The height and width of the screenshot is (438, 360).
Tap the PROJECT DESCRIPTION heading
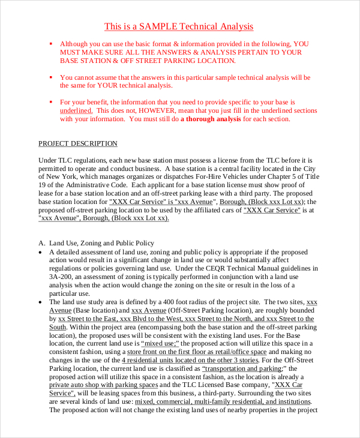[x=78, y=143]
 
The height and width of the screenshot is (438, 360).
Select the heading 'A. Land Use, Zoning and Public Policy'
[x=96, y=243]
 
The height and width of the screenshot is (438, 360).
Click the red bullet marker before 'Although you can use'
[x=51, y=44]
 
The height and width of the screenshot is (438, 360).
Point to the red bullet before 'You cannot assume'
[x=51, y=77]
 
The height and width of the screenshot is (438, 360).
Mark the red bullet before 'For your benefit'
[x=51, y=102]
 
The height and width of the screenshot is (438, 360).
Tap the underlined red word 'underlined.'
[x=76, y=110]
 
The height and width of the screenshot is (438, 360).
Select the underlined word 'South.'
[x=58, y=327]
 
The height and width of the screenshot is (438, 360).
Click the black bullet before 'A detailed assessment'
[x=40, y=252]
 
